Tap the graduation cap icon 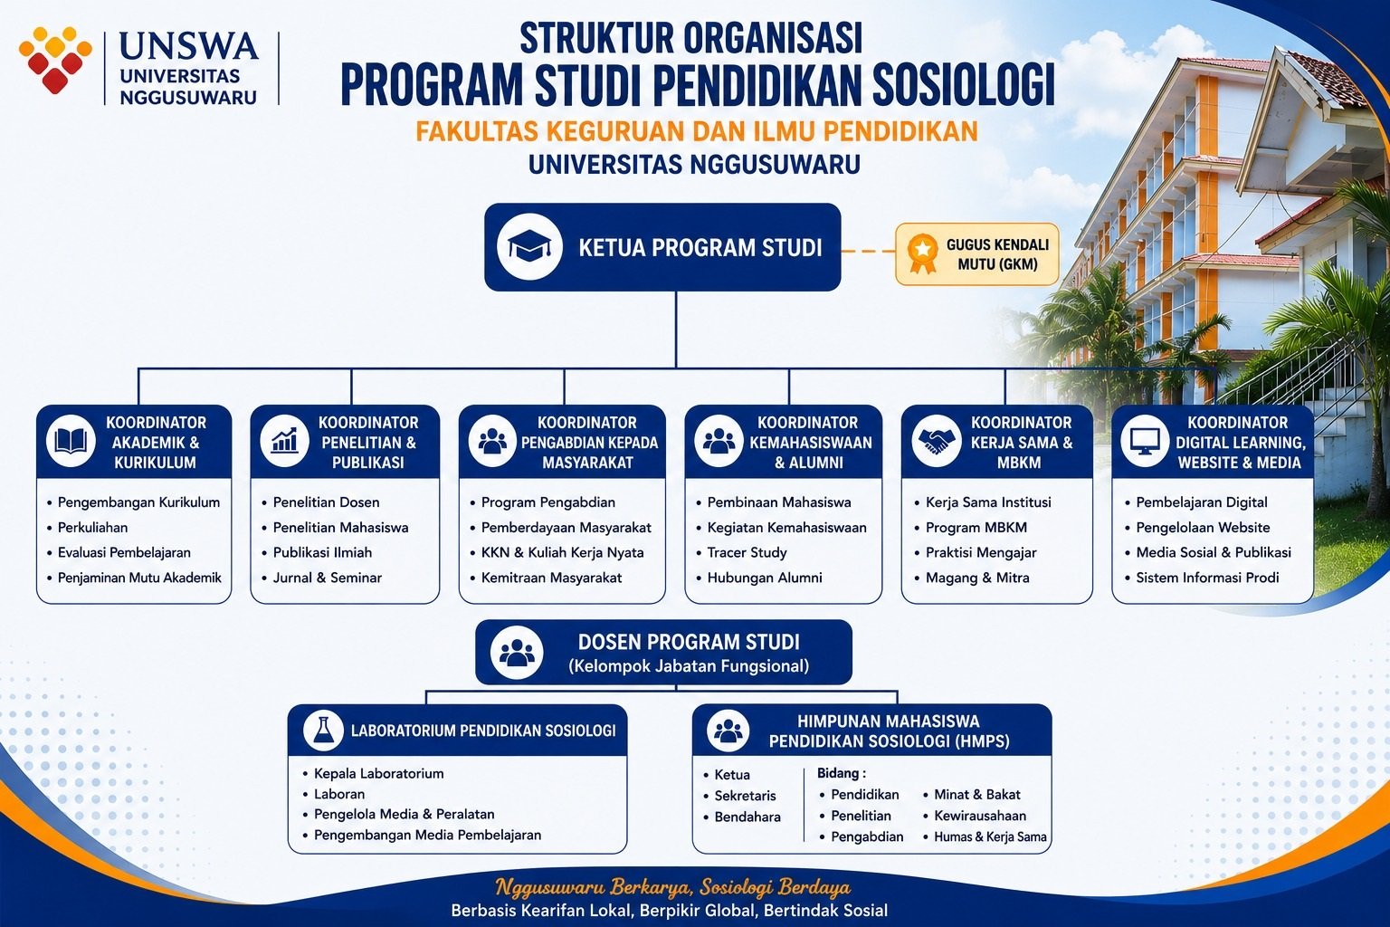[x=529, y=247]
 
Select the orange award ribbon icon [x=923, y=254]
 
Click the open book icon [x=71, y=442]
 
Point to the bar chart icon [x=285, y=440]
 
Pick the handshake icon [x=937, y=442]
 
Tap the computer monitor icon [x=1145, y=442]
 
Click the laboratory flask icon [x=323, y=730]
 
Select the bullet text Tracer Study [x=747, y=552]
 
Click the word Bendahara [x=747, y=817]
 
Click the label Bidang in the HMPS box [x=838, y=773]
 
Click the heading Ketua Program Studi [x=700, y=248]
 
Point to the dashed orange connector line [x=868, y=252]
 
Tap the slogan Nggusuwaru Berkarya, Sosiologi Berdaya [x=672, y=887]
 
